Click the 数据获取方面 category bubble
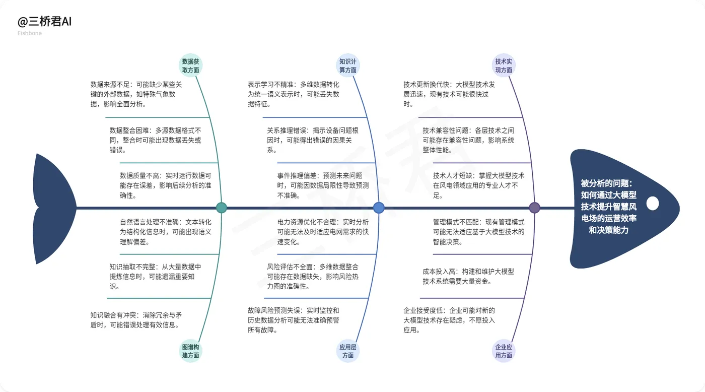191,66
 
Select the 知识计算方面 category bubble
347,66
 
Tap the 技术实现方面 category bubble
504,66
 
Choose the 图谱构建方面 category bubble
191,351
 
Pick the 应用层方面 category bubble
347,351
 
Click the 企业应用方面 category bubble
504,351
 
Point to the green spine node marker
221,208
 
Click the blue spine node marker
379,208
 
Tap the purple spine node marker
535,208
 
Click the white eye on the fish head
653,204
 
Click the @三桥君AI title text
45,22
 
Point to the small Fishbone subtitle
30,33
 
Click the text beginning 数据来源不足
136,94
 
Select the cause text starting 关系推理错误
312,140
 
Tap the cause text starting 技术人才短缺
478,185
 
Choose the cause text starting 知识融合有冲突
136,320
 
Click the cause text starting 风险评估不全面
312,276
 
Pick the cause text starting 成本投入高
468,276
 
